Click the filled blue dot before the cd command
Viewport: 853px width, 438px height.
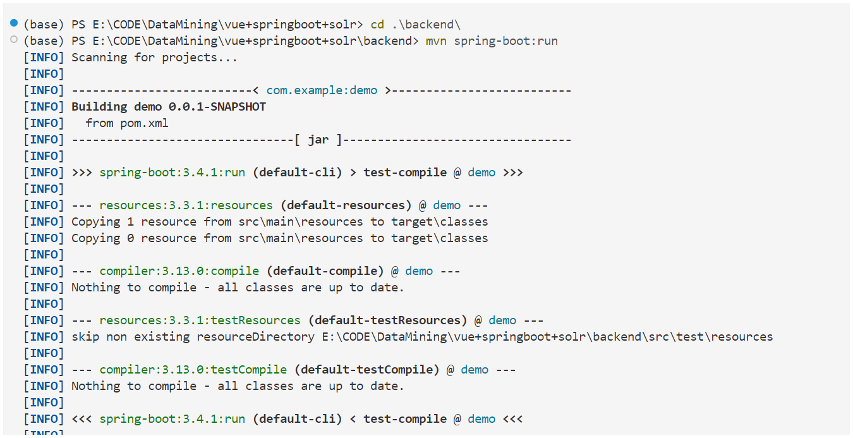[x=14, y=23]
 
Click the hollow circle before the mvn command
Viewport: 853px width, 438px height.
[x=14, y=40]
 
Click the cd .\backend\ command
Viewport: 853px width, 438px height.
[x=415, y=25]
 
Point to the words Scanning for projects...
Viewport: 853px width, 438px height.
[x=154, y=58]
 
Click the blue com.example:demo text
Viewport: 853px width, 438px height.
[x=322, y=90]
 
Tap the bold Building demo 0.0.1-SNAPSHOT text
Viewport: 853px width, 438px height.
[x=169, y=107]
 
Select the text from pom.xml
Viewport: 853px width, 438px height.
[x=127, y=123]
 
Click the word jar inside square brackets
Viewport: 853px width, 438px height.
[x=318, y=140]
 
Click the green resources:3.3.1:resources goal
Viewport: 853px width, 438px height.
[x=186, y=205]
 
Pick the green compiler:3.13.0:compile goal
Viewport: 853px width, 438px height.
[x=179, y=271]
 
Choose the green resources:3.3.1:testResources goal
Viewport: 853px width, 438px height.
[x=200, y=320]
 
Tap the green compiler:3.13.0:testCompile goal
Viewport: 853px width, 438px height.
[x=193, y=370]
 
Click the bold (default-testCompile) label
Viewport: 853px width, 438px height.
[x=366, y=370]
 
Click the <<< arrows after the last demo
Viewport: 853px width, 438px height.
[x=513, y=419]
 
